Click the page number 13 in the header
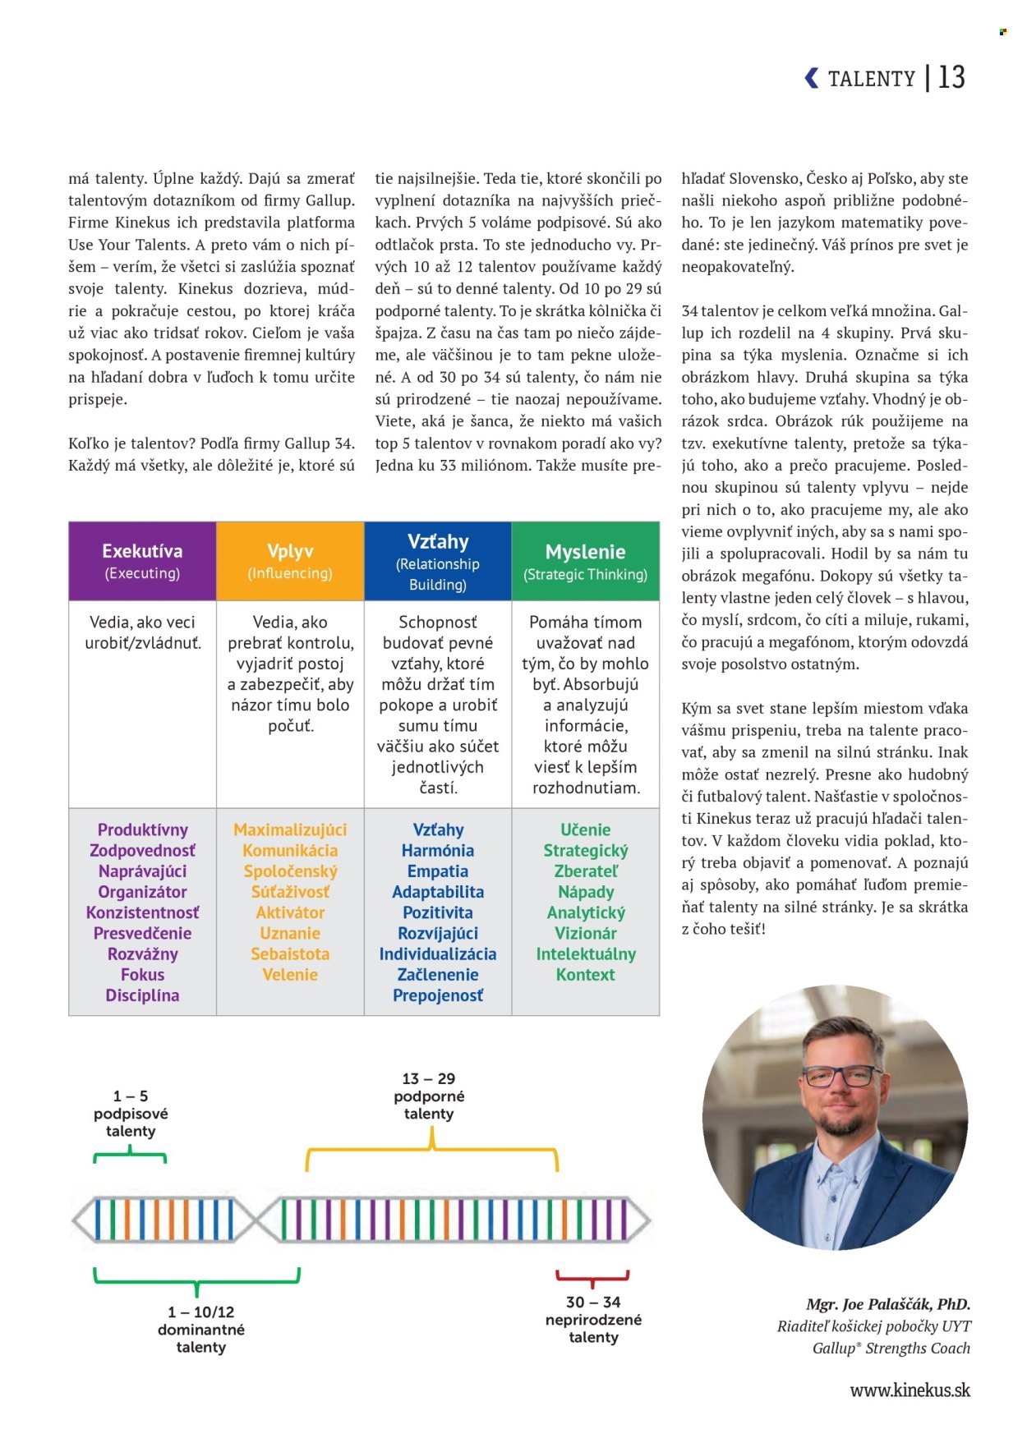951,77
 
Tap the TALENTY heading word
871,79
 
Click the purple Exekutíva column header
142,560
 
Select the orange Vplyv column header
290,560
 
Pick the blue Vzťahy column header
438,561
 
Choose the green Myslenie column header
585,561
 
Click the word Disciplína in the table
142,995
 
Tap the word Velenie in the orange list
290,975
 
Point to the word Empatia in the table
438,871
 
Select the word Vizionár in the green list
585,934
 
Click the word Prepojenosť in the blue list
438,995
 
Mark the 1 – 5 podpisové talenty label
130,1114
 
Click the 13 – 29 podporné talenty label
428,1096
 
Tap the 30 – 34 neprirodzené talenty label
593,1319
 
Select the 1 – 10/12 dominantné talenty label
200,1329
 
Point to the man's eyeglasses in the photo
841,1075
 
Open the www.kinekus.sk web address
910,1390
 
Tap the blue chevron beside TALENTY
812,78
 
